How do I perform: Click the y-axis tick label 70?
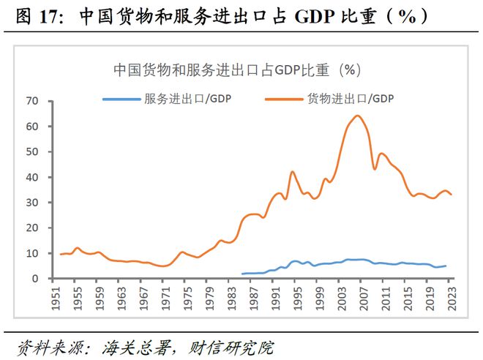(x=31, y=101)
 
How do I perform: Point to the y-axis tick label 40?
(x=31, y=177)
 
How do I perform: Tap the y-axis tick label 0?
(x=34, y=279)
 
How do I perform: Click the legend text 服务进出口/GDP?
(x=187, y=99)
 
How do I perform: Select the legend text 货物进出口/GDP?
(x=351, y=99)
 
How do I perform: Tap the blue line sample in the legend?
(x=121, y=99)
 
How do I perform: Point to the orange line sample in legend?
(x=286, y=99)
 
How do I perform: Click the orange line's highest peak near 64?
(x=357, y=116)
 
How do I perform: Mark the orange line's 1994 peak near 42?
(x=293, y=172)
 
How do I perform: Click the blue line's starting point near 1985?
(x=242, y=274)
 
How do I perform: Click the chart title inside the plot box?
(x=237, y=70)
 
